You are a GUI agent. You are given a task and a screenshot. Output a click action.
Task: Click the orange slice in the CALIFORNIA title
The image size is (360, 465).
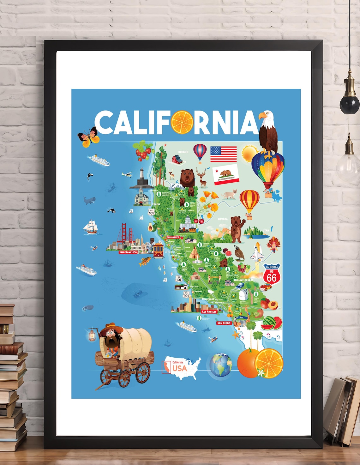[182, 122]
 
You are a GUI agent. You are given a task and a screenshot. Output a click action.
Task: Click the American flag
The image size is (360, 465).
[224, 154]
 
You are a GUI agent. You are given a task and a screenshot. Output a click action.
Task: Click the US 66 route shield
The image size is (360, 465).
[272, 274]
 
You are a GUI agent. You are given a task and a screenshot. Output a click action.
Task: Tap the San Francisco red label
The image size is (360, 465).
[128, 252]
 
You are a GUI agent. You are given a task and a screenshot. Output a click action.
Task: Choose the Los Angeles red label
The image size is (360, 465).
[209, 311]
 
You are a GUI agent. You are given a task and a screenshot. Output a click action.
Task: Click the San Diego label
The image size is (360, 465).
[224, 323]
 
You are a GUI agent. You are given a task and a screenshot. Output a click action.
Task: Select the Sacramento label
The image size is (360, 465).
[173, 237]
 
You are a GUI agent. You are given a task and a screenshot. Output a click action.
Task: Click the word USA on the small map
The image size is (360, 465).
[179, 368]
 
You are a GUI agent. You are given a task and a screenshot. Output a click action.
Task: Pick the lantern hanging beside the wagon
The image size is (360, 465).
[92, 335]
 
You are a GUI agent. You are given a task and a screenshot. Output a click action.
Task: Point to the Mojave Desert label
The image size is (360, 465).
[243, 280]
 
